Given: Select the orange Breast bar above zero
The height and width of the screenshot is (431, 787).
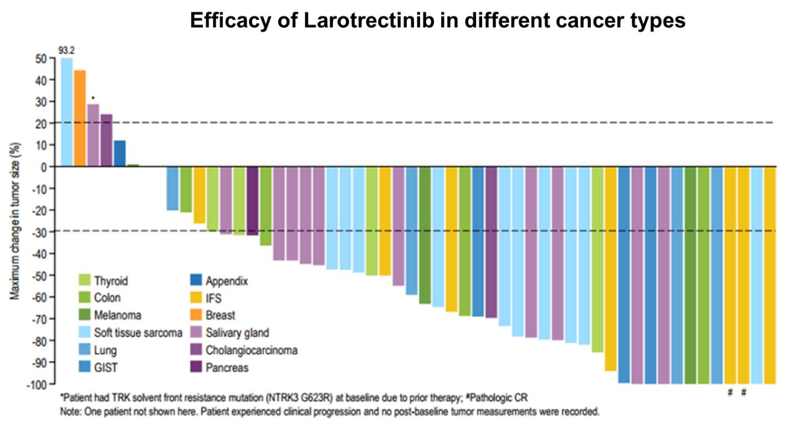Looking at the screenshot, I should [x=80, y=118].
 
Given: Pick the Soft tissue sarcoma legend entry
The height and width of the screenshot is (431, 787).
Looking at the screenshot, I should [x=137, y=333].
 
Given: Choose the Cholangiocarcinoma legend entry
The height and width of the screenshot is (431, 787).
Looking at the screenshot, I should [x=251, y=350].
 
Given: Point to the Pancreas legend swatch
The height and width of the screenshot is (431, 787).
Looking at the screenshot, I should [x=196, y=367].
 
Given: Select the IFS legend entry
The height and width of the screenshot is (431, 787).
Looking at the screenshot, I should [x=213, y=298].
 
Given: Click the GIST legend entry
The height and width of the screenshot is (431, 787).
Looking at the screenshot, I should [x=105, y=367].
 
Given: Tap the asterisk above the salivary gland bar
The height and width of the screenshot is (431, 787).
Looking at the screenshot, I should [x=93, y=98].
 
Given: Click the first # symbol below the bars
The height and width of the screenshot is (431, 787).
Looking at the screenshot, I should [x=730, y=392].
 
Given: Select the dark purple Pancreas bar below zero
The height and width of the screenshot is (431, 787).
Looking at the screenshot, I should [x=252, y=201].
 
